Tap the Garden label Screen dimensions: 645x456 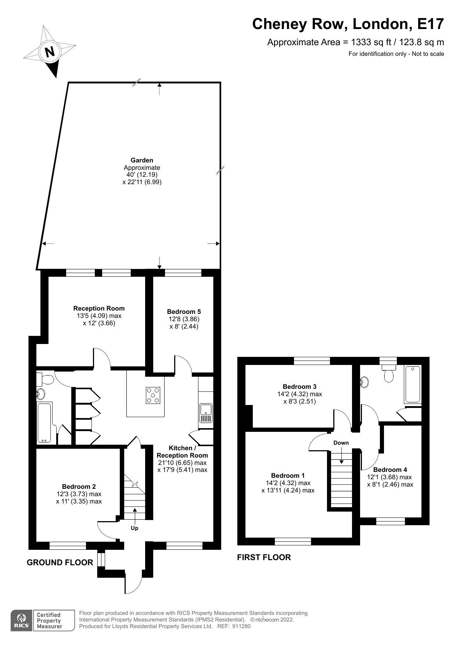pos(142,160)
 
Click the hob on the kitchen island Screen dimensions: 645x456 pos(153,395)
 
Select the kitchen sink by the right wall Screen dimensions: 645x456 pos(206,413)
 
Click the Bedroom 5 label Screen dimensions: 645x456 pos(184,312)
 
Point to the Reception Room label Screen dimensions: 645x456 pos(99,308)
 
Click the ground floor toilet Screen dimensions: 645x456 pos(47,379)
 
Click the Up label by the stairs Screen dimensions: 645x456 pos(134,528)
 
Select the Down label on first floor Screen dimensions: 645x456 pos(341,443)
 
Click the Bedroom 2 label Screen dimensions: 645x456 pos(79,487)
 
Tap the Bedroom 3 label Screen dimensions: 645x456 pos(299,387)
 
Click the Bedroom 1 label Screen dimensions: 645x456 pos(288,476)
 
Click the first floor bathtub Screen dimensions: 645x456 pos(413,384)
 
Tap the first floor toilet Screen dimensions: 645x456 pos(388,373)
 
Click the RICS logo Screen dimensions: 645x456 pos(22,621)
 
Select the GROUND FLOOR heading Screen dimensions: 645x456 pos(60,562)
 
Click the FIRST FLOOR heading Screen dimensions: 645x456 pos(264,557)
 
